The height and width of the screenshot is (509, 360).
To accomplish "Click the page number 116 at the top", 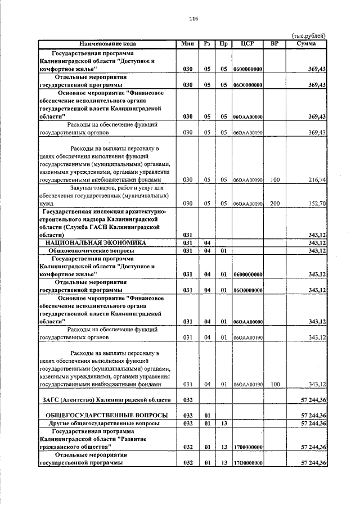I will (x=193, y=19).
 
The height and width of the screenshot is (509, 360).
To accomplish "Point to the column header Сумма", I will (x=307, y=43).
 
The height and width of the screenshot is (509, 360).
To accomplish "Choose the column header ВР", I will (x=274, y=43).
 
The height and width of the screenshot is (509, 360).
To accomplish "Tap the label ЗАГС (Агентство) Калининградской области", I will (x=106, y=399).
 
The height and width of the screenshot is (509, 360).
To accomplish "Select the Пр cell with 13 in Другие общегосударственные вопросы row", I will (x=223, y=422).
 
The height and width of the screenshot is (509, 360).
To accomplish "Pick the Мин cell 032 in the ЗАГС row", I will (x=188, y=399).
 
